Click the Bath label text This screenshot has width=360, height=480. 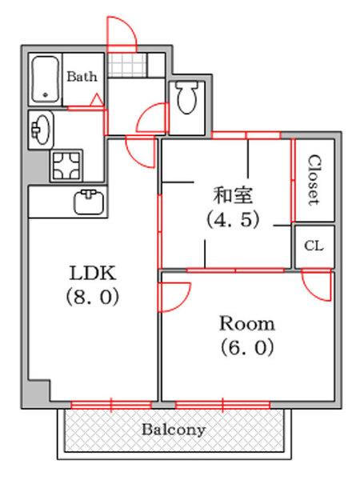click(x=82, y=78)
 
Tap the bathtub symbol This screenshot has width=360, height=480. click(x=46, y=79)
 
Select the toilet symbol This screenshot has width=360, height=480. click(x=188, y=100)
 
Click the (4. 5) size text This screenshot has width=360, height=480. click(x=232, y=218)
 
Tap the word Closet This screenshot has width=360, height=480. click(x=314, y=179)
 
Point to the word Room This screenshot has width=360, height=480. click(x=247, y=324)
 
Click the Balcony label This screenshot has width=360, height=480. click(x=174, y=430)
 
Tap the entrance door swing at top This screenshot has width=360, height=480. click(x=120, y=30)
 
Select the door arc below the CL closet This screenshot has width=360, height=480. click(x=317, y=284)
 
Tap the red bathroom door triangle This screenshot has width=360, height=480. click(x=96, y=101)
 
